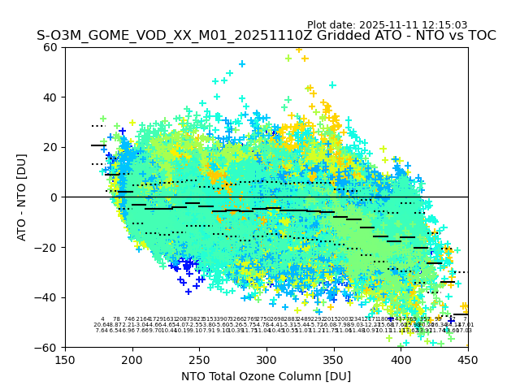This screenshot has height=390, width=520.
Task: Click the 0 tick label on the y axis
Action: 54,197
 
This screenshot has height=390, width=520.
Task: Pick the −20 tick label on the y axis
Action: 47,247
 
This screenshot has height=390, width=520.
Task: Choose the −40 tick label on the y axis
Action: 47,297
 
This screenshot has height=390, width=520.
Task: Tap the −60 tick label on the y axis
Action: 47,347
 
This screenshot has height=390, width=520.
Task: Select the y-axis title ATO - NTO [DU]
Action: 22,197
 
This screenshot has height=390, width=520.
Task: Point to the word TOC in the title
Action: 480,36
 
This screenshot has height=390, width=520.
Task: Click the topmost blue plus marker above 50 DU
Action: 241,63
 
